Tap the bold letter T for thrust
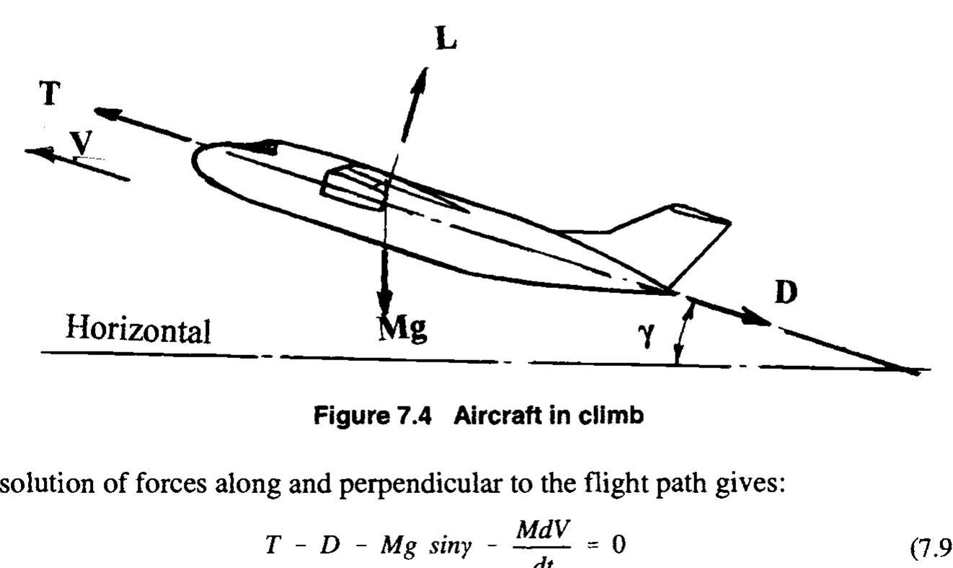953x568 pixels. [49, 93]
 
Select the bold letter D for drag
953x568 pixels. [786, 295]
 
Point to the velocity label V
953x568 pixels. [84, 144]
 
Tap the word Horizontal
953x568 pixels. [138, 330]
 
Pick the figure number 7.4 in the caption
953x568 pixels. [409, 418]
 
